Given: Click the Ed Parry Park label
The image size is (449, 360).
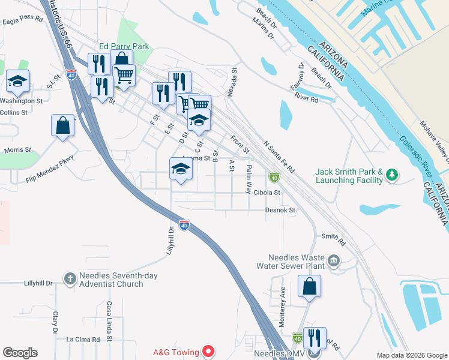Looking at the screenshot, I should click(x=124, y=46).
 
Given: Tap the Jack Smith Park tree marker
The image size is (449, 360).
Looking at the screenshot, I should click(x=393, y=175).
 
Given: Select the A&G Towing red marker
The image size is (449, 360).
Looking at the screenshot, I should click(x=209, y=350).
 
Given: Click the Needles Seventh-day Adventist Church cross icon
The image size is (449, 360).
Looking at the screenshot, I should click(x=70, y=278).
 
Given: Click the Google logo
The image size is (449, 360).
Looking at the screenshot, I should click(x=20, y=353).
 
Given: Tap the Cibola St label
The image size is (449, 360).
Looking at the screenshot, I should click(x=267, y=193).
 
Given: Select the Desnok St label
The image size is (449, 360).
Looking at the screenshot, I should click(x=281, y=211).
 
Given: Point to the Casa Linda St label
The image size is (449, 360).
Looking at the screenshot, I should click(x=110, y=321).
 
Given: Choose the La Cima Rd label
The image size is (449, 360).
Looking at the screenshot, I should click(x=83, y=340).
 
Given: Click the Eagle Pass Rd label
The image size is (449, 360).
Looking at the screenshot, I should click(x=23, y=20).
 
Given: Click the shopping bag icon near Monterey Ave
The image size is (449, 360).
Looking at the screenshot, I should click(x=309, y=286).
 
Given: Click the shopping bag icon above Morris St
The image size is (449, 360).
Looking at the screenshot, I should click(x=62, y=125).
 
